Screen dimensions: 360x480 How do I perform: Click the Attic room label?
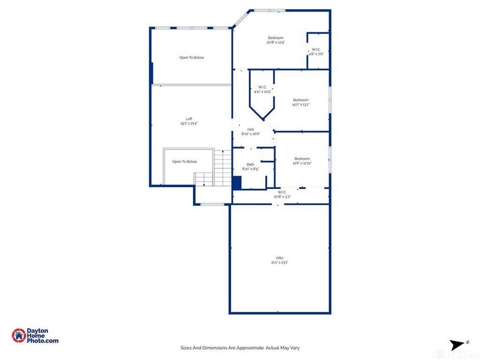280,258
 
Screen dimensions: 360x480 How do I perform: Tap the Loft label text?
189,119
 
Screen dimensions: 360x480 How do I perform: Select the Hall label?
250,129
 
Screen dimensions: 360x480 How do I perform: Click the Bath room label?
250,164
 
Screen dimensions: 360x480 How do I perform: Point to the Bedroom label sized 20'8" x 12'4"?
275,38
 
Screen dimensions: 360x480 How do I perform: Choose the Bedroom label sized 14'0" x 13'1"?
301,100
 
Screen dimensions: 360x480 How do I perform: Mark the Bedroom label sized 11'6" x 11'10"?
302,158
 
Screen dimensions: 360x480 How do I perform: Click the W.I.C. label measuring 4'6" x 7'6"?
316,50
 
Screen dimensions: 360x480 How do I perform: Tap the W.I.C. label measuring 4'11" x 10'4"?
262,88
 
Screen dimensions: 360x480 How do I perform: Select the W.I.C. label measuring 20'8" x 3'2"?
281,193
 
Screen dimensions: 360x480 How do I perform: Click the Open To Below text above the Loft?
191,58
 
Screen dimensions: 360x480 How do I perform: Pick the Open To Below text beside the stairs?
184,161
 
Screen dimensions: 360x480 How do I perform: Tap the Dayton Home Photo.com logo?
35,336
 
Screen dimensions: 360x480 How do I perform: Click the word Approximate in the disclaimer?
245,347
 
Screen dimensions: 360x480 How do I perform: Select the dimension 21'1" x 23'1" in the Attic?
280,262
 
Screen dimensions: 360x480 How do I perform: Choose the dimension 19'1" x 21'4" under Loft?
189,124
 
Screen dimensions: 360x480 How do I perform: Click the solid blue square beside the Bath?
236,183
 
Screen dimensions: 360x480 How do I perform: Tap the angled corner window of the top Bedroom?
240,20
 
